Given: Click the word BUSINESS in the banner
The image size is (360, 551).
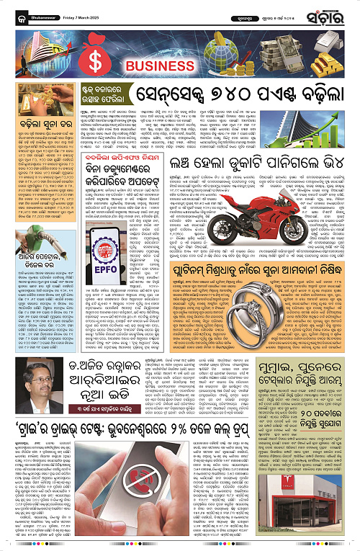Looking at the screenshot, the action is tap(154, 68).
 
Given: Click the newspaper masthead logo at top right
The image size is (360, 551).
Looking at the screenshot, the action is tap(331, 11).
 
